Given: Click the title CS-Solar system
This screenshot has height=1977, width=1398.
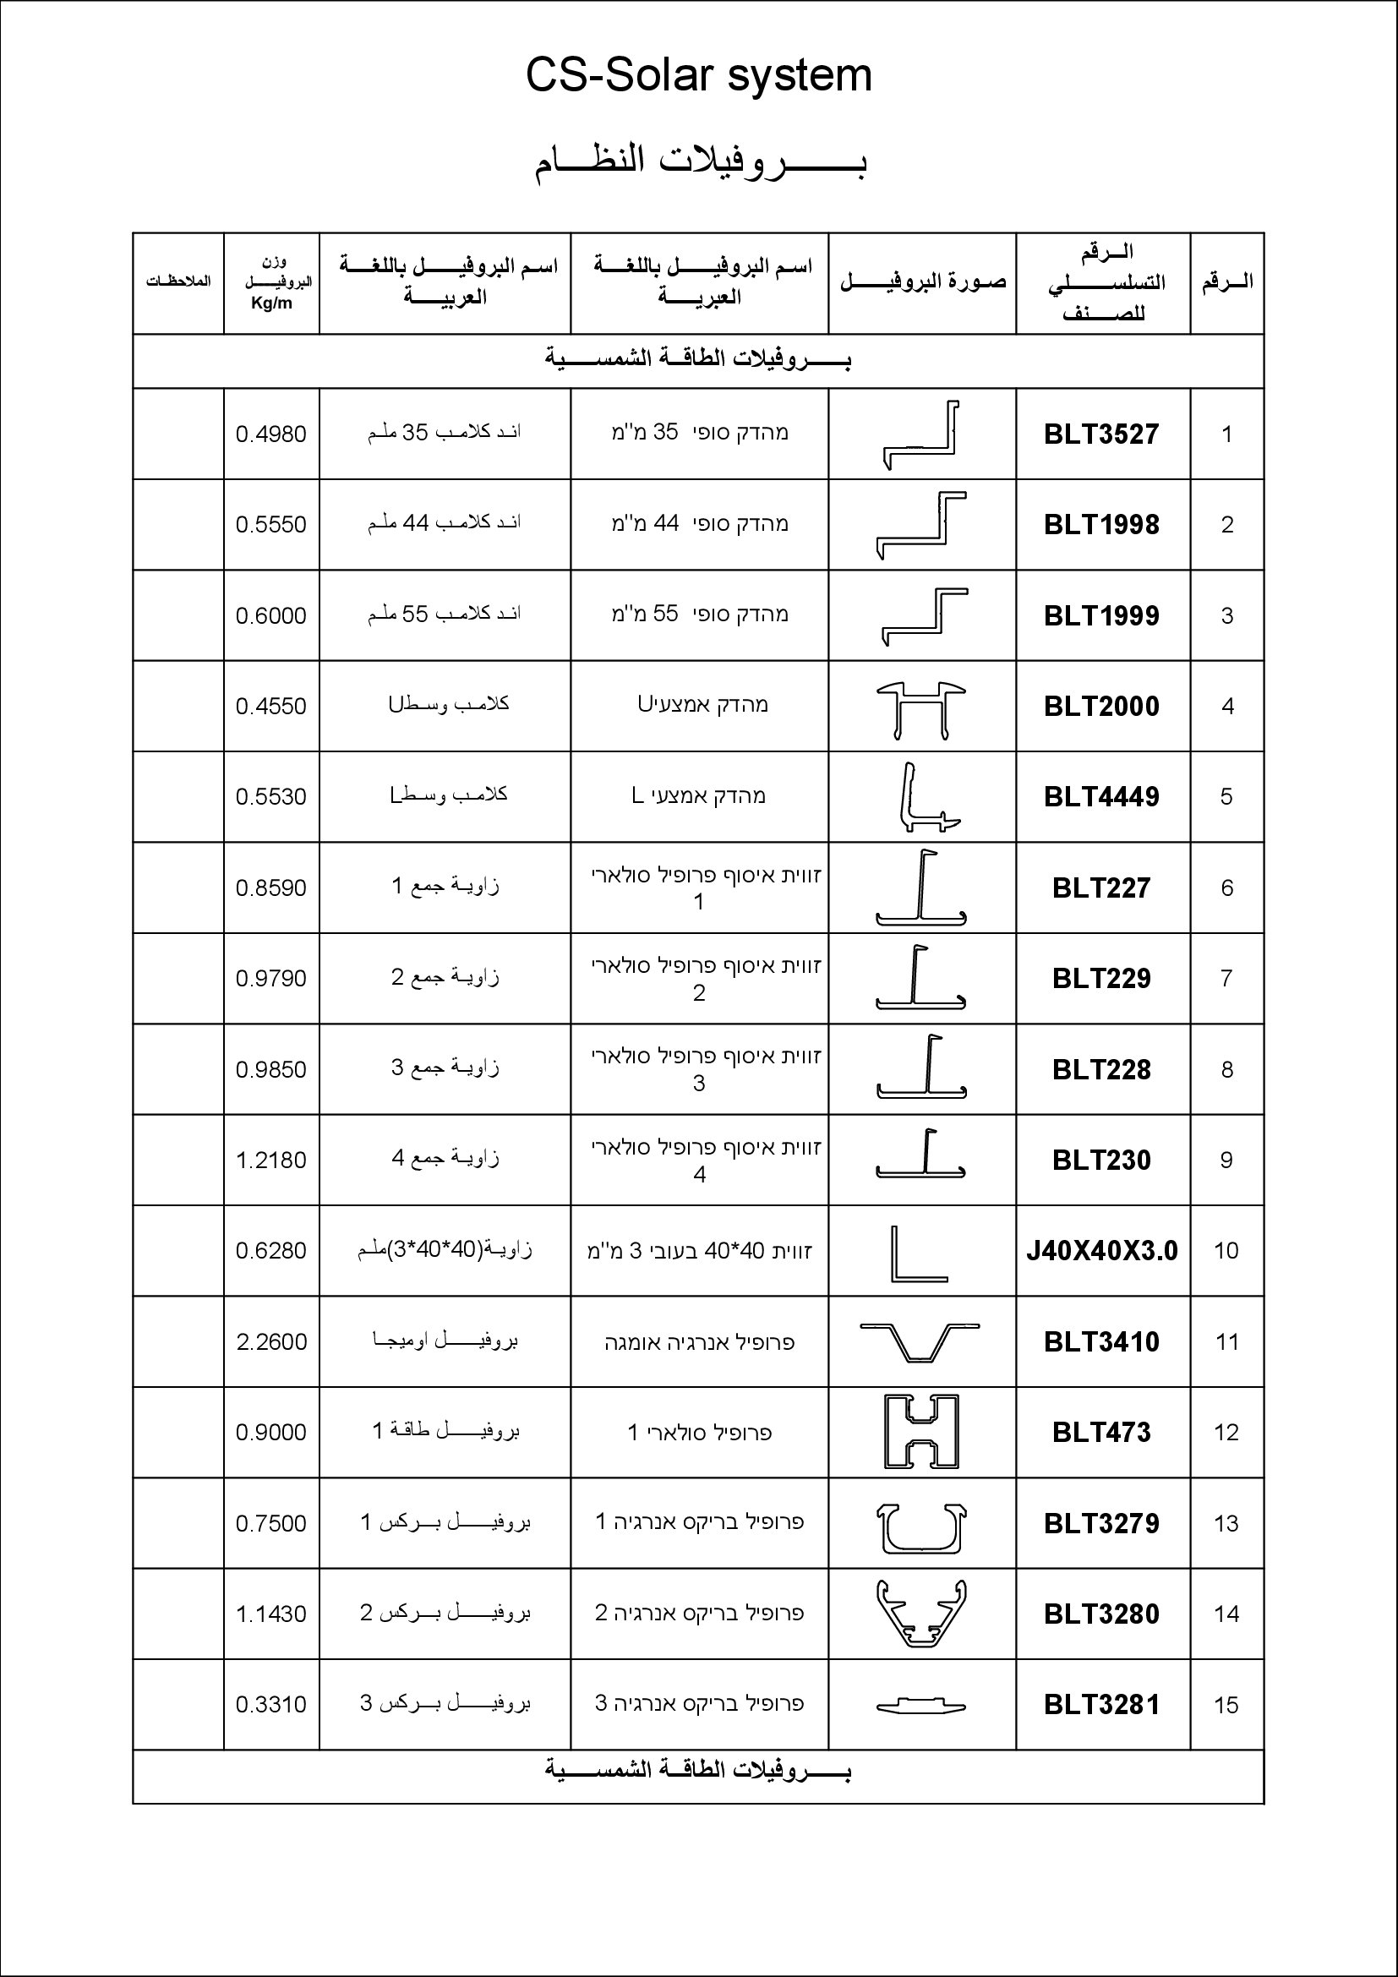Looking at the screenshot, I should click(698, 76).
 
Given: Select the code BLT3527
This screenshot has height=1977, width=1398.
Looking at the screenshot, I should click(1101, 434).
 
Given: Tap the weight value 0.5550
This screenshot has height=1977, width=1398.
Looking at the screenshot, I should click(270, 524).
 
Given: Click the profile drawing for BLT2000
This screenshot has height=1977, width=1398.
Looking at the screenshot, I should click(921, 709).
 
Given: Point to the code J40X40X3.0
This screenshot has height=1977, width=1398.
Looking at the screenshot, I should click(1101, 1250).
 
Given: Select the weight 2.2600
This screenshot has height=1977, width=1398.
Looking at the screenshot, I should click(271, 1341).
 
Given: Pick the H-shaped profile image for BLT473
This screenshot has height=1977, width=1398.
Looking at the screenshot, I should click(920, 1432).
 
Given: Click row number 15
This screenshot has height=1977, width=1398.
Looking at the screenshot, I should click(1226, 1705).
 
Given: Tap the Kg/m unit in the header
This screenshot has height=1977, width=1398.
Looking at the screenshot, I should click(271, 303).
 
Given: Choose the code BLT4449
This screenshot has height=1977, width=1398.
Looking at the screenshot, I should click(1101, 796).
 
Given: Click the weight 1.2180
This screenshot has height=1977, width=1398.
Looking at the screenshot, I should click(270, 1160).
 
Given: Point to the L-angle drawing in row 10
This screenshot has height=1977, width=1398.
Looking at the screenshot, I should click(918, 1253).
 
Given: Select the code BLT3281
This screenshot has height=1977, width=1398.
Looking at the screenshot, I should click(1101, 1704).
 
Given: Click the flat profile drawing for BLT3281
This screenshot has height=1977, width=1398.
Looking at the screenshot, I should click(920, 1705).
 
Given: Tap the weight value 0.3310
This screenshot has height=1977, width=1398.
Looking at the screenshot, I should click(270, 1704).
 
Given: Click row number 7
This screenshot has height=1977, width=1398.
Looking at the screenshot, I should click(1226, 978).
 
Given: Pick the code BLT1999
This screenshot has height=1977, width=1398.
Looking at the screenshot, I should click(1101, 615).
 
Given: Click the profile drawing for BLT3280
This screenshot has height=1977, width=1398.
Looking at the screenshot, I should click(920, 1613).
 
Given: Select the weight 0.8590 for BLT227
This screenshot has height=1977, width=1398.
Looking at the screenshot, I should click(270, 887).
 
